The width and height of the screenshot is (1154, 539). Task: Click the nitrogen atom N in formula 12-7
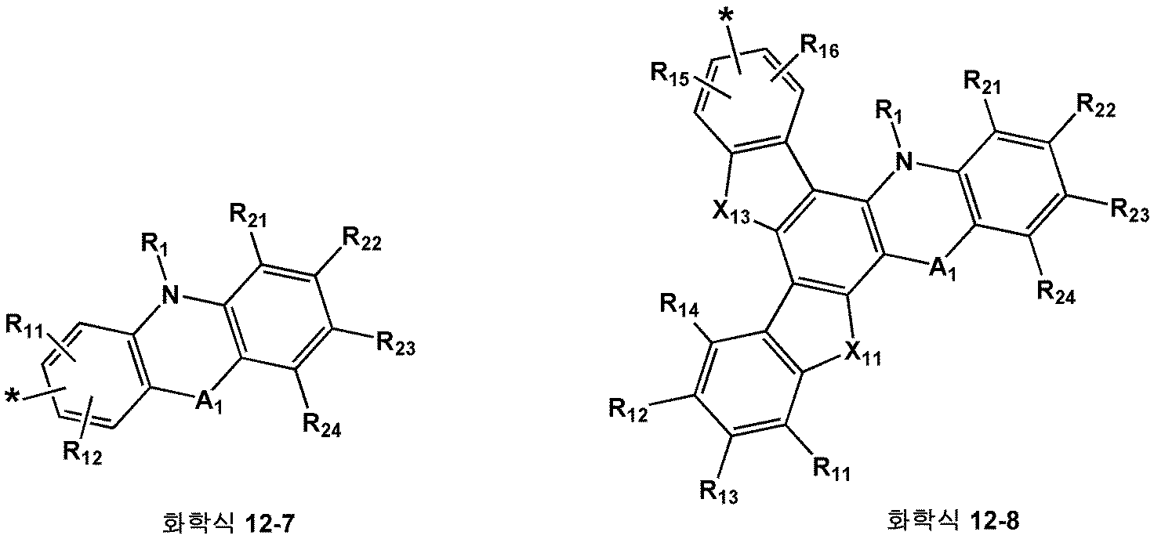tap(170, 295)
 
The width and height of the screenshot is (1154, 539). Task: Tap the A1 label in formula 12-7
tap(209, 403)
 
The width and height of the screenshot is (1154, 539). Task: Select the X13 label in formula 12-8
tap(731, 212)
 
